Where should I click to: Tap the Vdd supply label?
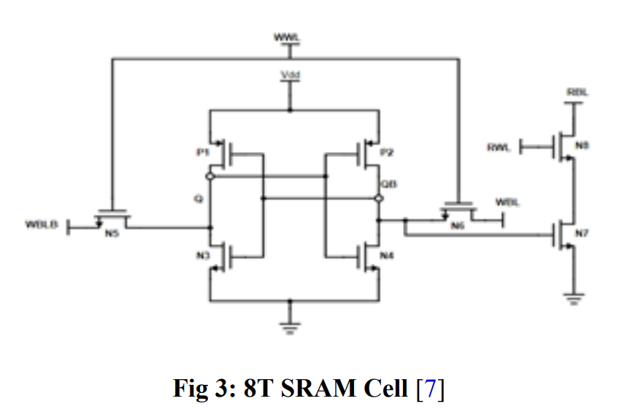coord(290,75)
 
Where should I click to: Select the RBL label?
coord(577,93)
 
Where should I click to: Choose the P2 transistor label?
coord(388,152)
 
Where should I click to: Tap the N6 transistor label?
coord(458,226)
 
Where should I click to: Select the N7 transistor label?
coord(582,233)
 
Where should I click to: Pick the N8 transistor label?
coord(582,146)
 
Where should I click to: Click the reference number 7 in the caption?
coord(430,389)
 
